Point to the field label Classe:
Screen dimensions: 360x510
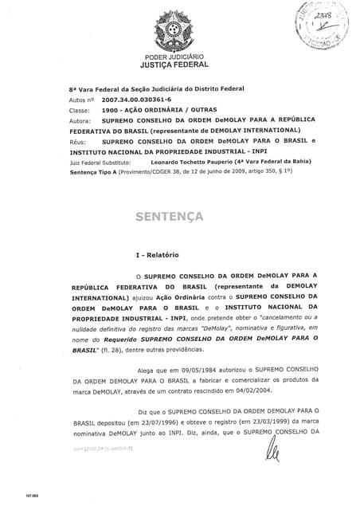tap(80, 112)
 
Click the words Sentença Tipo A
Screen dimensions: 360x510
tap(94, 172)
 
